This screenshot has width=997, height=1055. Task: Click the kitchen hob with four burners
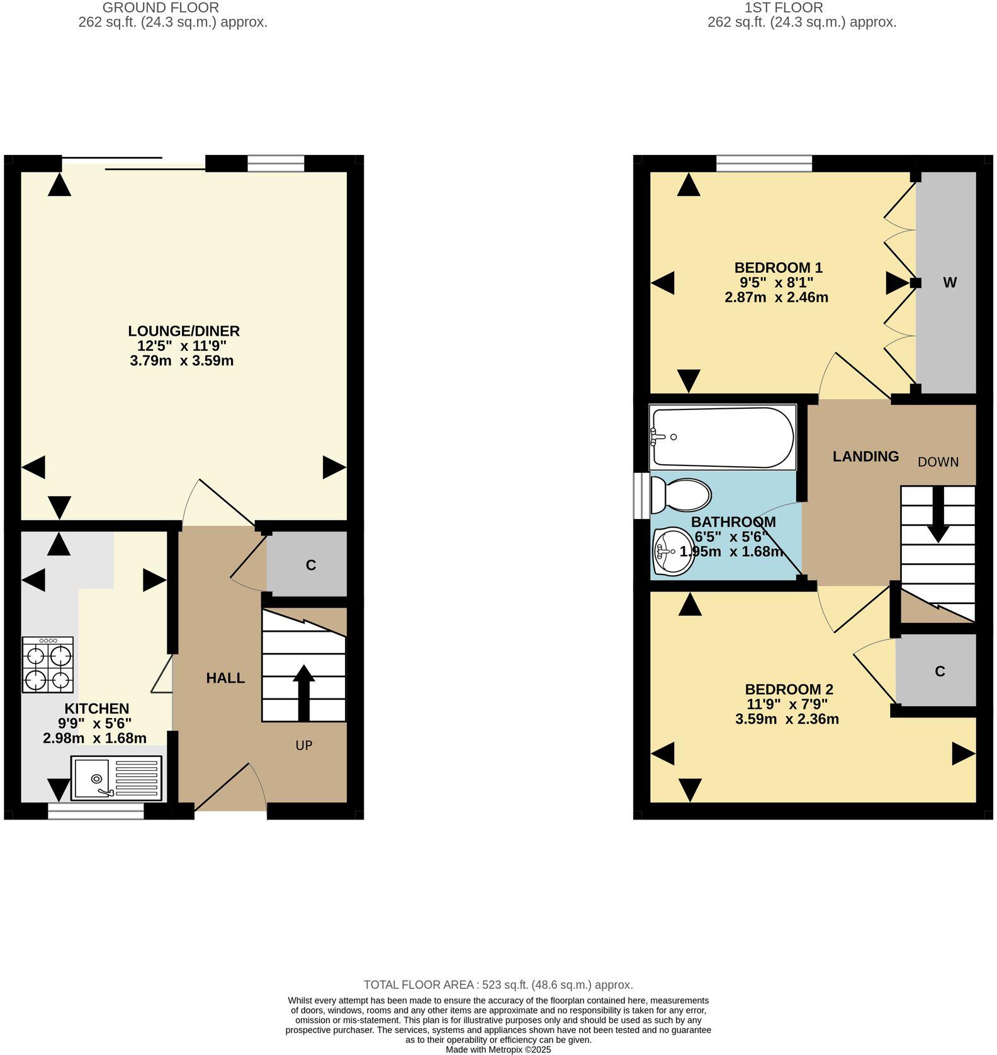click(x=48, y=664)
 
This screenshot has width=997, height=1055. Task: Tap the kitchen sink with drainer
click(x=117, y=778)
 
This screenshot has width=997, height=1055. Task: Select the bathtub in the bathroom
click(x=723, y=437)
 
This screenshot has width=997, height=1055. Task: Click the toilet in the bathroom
click(x=681, y=494)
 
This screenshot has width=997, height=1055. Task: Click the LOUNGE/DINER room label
click(x=184, y=331)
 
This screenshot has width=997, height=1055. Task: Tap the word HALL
click(x=225, y=678)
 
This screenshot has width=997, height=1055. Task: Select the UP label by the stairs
click(x=304, y=745)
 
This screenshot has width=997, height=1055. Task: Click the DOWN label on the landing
click(x=938, y=462)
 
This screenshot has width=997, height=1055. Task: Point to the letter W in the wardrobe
click(x=949, y=282)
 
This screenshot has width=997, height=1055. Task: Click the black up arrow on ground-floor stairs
click(x=303, y=691)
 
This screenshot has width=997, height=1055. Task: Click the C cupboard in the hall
click(x=310, y=564)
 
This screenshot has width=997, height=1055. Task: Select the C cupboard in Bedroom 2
click(x=939, y=671)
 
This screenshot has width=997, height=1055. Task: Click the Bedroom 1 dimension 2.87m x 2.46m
click(x=776, y=297)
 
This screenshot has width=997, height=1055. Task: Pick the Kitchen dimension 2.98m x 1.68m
click(x=94, y=738)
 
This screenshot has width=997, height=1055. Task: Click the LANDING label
click(x=865, y=456)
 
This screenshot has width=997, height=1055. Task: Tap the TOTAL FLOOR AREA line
click(x=498, y=984)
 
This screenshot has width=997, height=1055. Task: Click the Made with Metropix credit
click(x=498, y=1049)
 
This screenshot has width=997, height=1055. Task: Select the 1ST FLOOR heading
click(x=783, y=8)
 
